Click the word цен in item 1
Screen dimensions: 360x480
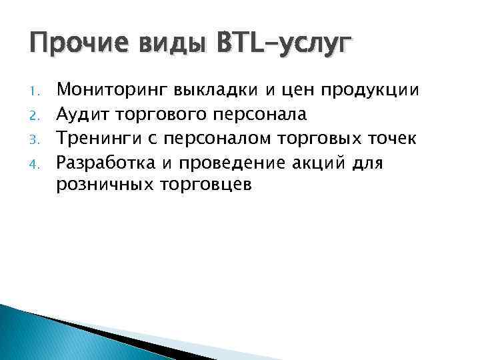293,91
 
